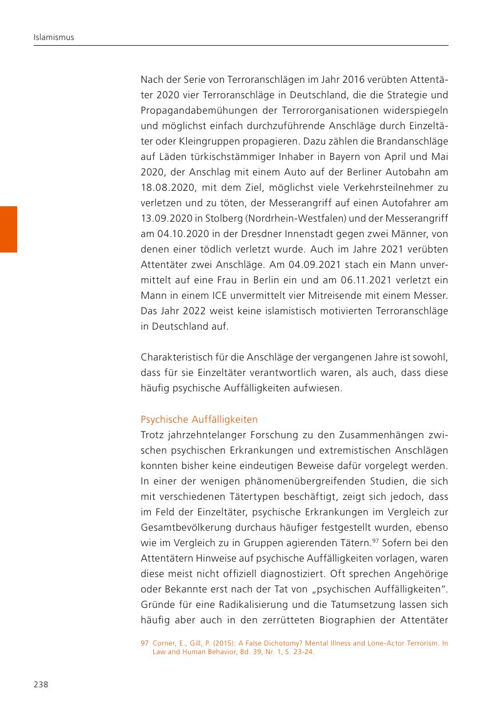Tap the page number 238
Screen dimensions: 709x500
[x=40, y=684]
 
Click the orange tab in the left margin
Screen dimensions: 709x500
[x=9, y=229]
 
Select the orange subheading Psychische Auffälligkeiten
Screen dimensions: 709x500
[x=199, y=419]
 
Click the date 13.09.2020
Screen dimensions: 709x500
[x=166, y=218]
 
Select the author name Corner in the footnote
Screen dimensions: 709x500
[x=164, y=643]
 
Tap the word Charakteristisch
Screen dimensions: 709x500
[x=175, y=358]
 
